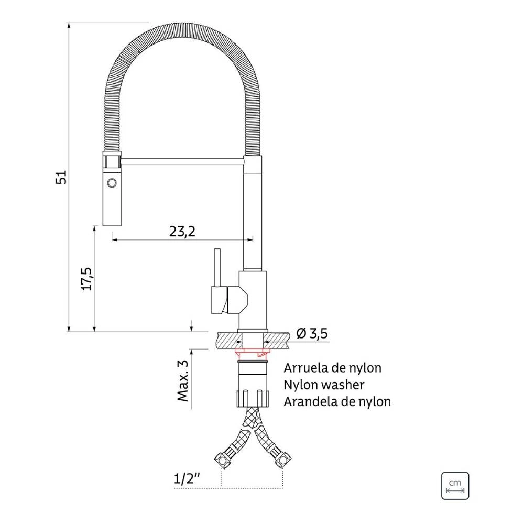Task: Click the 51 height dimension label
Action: pyautogui.click(x=61, y=177)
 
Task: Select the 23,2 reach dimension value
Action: pyautogui.click(x=182, y=231)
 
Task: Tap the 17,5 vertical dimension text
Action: pyautogui.click(x=87, y=279)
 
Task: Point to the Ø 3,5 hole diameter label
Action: pyautogui.click(x=312, y=333)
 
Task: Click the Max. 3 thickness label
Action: pyautogui.click(x=183, y=380)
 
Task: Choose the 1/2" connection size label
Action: pyautogui.click(x=187, y=478)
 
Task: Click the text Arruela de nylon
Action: pyautogui.click(x=333, y=368)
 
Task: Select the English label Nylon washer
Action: pyautogui.click(x=324, y=385)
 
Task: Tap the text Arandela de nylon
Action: pyautogui.click(x=337, y=401)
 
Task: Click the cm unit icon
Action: pyautogui.click(x=455, y=486)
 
